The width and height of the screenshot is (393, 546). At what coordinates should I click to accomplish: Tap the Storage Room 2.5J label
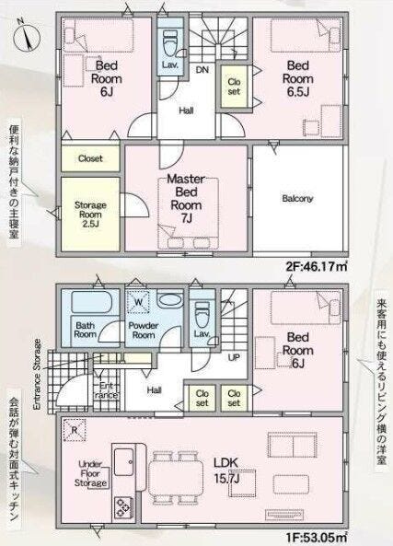point(90,215)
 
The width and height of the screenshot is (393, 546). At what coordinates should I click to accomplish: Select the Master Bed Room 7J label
point(186,198)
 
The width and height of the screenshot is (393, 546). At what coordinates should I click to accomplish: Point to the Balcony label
point(297,199)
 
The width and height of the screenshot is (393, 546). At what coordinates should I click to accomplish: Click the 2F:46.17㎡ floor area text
point(317,267)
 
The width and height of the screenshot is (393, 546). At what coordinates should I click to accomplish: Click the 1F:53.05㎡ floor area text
point(317,538)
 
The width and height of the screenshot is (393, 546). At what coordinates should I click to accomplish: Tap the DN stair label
point(202,70)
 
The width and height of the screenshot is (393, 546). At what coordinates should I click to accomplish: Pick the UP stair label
point(234,357)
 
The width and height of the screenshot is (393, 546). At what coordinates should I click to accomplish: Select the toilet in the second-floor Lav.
point(170,43)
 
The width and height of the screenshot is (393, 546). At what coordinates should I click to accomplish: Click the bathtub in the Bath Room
point(91,302)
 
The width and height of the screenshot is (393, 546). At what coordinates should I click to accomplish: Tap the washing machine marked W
point(138,302)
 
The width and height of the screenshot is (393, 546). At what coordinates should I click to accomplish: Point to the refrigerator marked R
point(75,430)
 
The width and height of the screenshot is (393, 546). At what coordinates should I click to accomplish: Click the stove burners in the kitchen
point(123,507)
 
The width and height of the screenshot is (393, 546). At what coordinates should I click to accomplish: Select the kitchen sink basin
point(123,462)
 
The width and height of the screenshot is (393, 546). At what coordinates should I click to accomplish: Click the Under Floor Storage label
point(90,473)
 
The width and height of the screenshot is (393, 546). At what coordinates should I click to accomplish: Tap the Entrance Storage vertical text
point(37,375)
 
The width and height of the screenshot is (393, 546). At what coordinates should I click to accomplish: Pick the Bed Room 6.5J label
point(297,78)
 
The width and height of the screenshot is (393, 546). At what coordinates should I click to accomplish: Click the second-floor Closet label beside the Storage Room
point(90,158)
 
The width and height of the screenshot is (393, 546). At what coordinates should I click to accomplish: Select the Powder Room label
point(143,331)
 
